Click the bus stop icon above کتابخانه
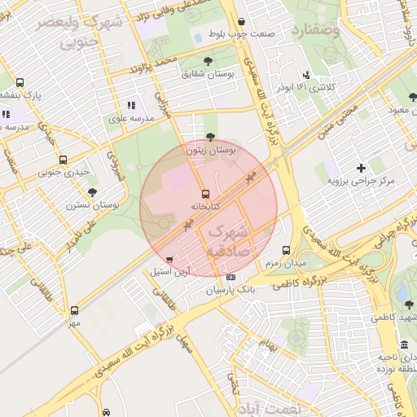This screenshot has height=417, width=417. click(x=205, y=194)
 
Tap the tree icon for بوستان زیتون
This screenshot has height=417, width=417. click(x=211, y=137)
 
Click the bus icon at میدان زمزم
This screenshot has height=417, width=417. click(x=285, y=250)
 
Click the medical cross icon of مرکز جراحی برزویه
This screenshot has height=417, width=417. click(x=361, y=168)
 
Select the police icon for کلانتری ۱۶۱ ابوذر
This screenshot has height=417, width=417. click(x=306, y=74)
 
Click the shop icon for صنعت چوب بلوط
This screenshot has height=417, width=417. click(x=240, y=23)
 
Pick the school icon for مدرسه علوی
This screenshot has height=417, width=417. click(x=130, y=105)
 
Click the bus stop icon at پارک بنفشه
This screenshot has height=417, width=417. click(x=20, y=82)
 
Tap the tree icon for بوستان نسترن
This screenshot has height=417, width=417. click(x=91, y=192)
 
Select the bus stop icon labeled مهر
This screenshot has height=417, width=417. click(x=75, y=310)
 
